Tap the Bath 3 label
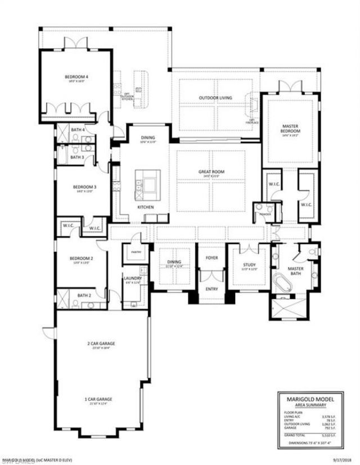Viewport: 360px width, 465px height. click(x=77, y=157)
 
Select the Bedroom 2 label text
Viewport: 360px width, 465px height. click(x=80, y=259)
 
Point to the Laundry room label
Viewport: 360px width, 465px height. click(x=133, y=278)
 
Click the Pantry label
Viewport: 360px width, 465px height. click(x=135, y=252)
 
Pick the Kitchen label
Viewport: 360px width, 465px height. click(x=146, y=207)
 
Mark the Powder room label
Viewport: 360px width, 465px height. click(x=264, y=214)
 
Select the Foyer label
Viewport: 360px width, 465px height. click(x=211, y=258)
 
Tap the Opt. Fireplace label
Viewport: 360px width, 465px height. click(x=252, y=121)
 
